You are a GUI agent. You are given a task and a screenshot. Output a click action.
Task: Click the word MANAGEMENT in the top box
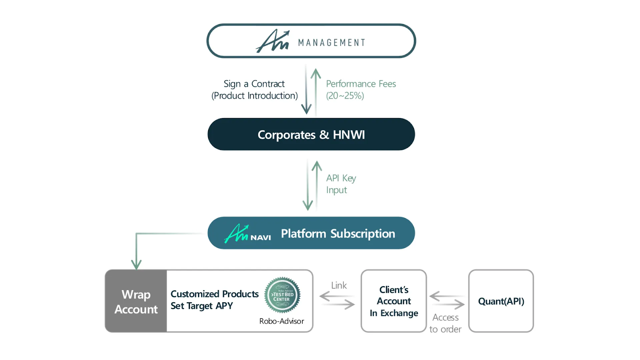coord(332,43)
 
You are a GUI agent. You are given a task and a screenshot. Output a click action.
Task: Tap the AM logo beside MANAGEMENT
coord(272,41)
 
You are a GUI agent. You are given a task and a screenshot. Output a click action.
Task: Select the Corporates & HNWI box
coord(311,134)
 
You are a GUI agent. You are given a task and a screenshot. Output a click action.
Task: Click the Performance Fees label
coord(361,84)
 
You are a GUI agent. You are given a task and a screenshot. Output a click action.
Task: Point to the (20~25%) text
coord(345,96)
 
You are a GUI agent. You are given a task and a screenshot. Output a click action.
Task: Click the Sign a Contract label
coord(254,84)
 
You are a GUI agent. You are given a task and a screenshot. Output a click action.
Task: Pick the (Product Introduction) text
coord(254,96)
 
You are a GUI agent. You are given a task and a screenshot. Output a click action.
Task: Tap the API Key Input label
coord(341,184)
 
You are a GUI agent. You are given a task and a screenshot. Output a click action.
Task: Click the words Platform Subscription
coord(338,234)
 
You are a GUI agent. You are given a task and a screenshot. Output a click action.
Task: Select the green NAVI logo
coord(248,234)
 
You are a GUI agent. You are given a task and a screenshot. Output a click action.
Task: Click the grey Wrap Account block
coord(136,301)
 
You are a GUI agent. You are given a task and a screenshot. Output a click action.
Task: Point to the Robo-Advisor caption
coord(282,321)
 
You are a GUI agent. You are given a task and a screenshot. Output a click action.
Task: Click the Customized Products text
coord(214,294)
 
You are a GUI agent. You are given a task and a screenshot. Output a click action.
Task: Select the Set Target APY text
coord(202,306)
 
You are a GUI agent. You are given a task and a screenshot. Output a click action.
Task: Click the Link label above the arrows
coord(339,286)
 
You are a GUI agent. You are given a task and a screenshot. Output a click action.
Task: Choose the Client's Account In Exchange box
coord(394,301)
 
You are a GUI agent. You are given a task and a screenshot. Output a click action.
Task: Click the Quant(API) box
coord(501,301)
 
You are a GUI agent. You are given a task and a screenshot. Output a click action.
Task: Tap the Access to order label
coord(446,323)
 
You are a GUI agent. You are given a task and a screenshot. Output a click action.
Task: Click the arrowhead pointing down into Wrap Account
coord(136,264)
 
